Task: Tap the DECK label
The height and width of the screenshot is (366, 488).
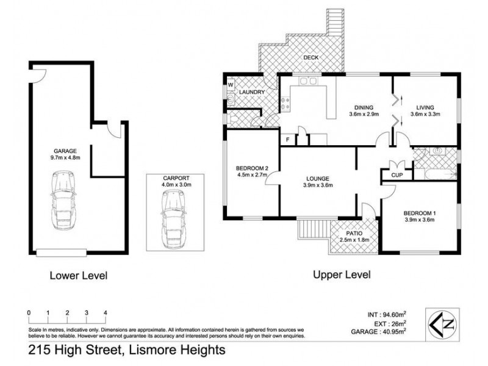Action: tap(311, 59)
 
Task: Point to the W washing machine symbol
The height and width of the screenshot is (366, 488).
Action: tap(231, 85)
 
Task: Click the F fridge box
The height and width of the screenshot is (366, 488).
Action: tap(287, 140)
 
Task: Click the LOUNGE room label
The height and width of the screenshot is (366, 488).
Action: tap(318, 179)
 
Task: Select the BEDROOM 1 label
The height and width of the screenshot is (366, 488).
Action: tap(420, 213)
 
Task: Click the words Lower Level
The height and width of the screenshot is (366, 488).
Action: tap(78, 276)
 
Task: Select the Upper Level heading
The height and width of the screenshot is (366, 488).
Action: tap(342, 274)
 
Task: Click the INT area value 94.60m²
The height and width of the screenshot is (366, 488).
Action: tap(392, 315)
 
